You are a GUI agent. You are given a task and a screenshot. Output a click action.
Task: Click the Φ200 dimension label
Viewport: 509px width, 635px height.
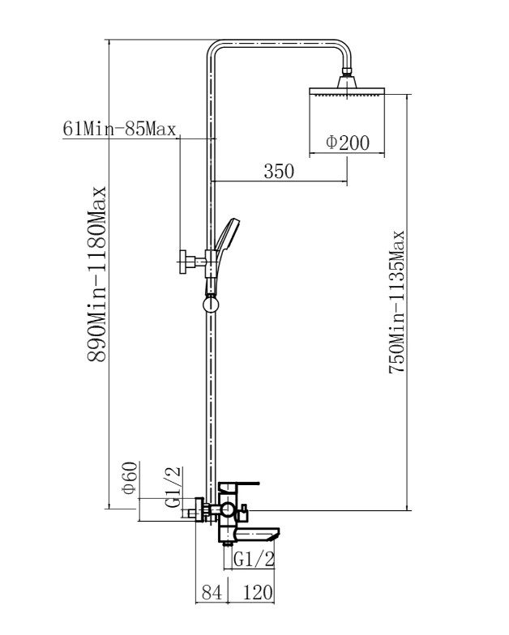[x=348, y=143]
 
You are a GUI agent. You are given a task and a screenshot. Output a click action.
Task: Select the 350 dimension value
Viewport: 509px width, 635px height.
[x=279, y=171]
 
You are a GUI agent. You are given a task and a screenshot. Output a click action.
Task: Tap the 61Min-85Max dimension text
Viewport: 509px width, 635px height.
[x=120, y=129]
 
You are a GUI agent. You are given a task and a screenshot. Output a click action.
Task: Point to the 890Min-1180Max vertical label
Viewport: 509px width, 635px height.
[x=97, y=274]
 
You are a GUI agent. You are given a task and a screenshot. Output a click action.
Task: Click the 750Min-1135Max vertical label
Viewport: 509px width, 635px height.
[x=397, y=301]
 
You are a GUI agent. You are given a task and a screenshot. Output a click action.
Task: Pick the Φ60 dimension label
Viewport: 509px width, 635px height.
[x=130, y=478]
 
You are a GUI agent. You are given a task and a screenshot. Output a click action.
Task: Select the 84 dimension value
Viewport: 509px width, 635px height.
[x=212, y=593]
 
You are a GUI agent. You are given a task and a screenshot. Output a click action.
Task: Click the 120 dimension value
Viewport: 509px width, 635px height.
[x=258, y=593]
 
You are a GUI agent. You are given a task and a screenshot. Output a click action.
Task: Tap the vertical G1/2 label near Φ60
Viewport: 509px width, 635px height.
[x=173, y=488]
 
